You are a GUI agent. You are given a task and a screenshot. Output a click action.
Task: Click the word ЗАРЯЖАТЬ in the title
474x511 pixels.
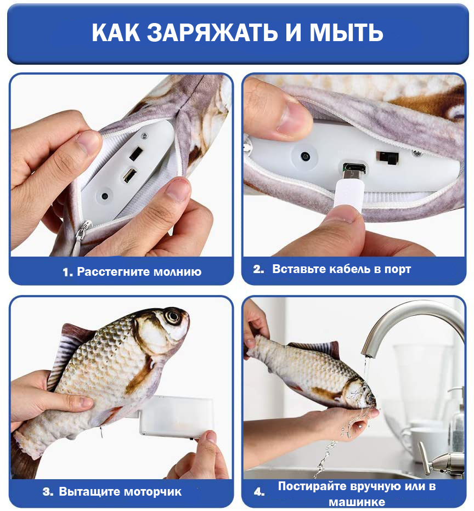click(212, 33)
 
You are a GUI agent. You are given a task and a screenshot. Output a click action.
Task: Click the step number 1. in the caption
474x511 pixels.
click(68, 272)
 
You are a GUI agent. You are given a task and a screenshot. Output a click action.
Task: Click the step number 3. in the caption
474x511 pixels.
click(48, 491)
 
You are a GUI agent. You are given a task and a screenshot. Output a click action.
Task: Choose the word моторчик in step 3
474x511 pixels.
click(153, 492)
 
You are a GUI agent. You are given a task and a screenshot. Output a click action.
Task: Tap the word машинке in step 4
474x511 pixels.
click(357, 502)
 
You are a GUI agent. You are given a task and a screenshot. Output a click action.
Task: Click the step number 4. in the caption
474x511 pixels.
click(259, 492)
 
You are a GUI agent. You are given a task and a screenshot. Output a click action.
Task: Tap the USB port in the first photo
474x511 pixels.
click(129, 175)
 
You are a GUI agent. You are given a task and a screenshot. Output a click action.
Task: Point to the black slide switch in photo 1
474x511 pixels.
click(136, 154)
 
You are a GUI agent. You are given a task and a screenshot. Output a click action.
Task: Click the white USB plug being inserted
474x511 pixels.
click(348, 195)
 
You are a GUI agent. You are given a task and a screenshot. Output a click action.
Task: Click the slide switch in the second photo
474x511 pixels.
click(387, 158)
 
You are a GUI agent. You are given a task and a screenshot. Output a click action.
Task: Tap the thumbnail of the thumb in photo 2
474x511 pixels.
click(290, 118)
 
